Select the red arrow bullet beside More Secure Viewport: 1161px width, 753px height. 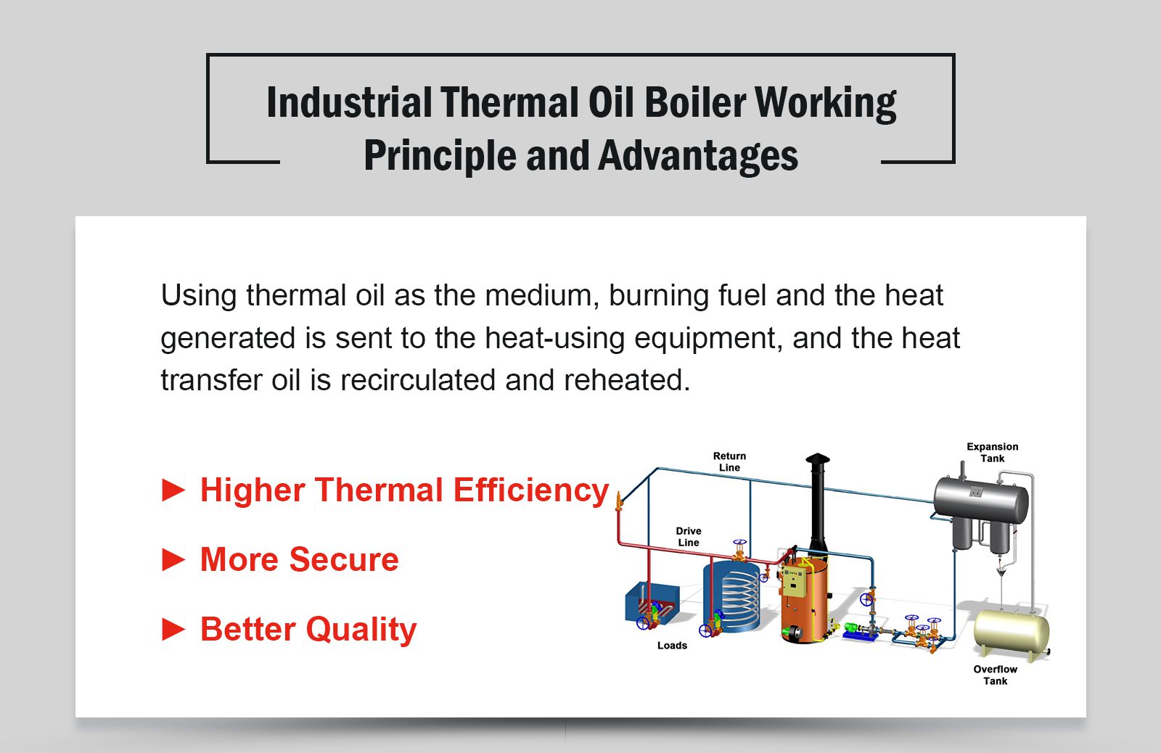tap(173, 560)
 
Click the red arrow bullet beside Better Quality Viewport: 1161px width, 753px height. tap(173, 629)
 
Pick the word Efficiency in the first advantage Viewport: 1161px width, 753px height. tap(530, 490)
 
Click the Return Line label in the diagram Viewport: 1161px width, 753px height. tap(729, 462)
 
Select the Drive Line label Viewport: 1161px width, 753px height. tap(689, 537)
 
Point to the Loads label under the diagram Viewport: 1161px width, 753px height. tap(672, 646)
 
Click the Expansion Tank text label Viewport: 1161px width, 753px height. tap(992, 453)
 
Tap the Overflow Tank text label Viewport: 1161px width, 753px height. tap(995, 675)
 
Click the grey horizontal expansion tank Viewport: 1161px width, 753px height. tap(980, 499)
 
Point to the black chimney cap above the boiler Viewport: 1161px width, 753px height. tap(817, 459)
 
